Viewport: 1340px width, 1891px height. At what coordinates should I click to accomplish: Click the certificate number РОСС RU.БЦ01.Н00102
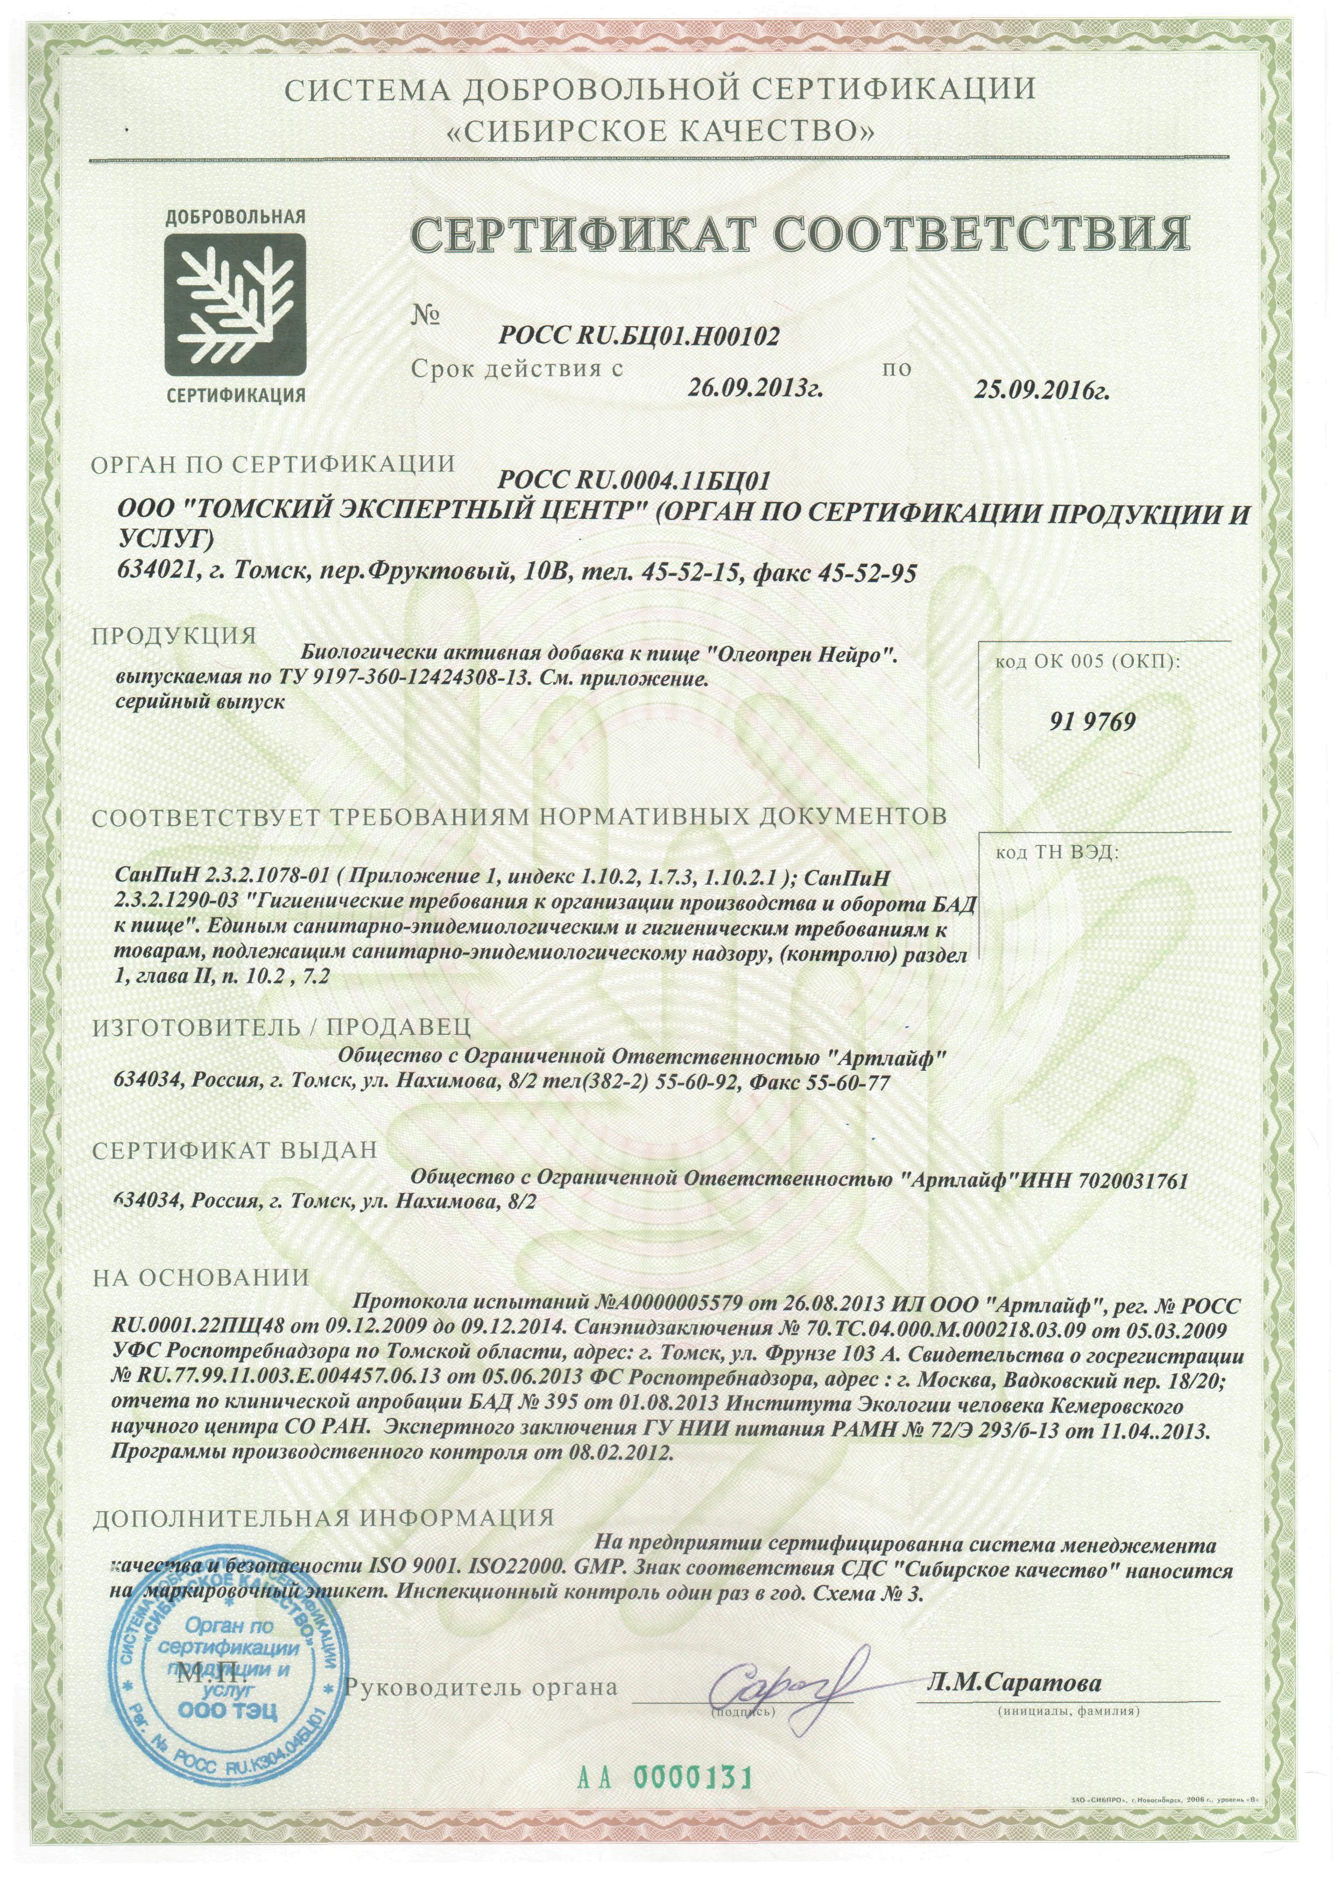pos(639,335)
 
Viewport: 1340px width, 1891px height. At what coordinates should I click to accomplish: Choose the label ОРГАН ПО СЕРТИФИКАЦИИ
pos(272,464)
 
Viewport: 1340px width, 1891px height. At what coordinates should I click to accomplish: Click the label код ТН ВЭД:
pos(1058,852)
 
